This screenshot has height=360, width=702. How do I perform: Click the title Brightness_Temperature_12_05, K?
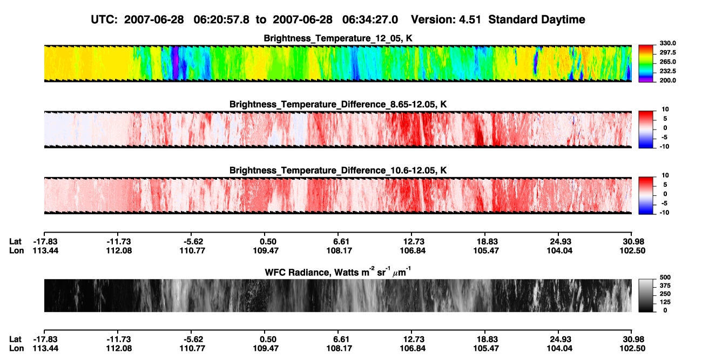coord(338,38)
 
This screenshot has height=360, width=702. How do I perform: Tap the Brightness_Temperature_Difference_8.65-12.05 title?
coord(338,104)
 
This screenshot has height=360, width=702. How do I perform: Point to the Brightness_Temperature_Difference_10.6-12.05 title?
coord(338,171)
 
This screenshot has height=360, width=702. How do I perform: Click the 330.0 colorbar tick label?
coord(667,43)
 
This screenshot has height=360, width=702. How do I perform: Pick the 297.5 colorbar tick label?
coord(667,52)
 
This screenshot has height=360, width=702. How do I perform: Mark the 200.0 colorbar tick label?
coord(667,80)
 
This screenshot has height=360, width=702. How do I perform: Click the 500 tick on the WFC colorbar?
coord(665,277)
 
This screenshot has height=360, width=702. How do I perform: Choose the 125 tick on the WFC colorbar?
coord(665,302)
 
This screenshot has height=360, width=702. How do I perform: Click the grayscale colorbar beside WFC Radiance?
coord(646,295)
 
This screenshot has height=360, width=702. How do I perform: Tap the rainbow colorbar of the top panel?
coord(646,64)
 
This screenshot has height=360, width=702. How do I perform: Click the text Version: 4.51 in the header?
coord(446,19)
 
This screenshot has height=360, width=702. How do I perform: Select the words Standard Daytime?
coord(537,19)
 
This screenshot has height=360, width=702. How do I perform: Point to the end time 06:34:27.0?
coord(370,19)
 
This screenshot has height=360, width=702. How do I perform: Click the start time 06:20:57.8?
coord(221,19)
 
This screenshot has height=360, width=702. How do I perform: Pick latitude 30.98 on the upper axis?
coord(633,242)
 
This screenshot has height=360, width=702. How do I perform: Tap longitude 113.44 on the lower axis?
coord(45,349)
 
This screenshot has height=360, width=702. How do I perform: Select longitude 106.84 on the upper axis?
coord(413,250)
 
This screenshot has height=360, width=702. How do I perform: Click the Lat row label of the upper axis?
coord(15,242)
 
